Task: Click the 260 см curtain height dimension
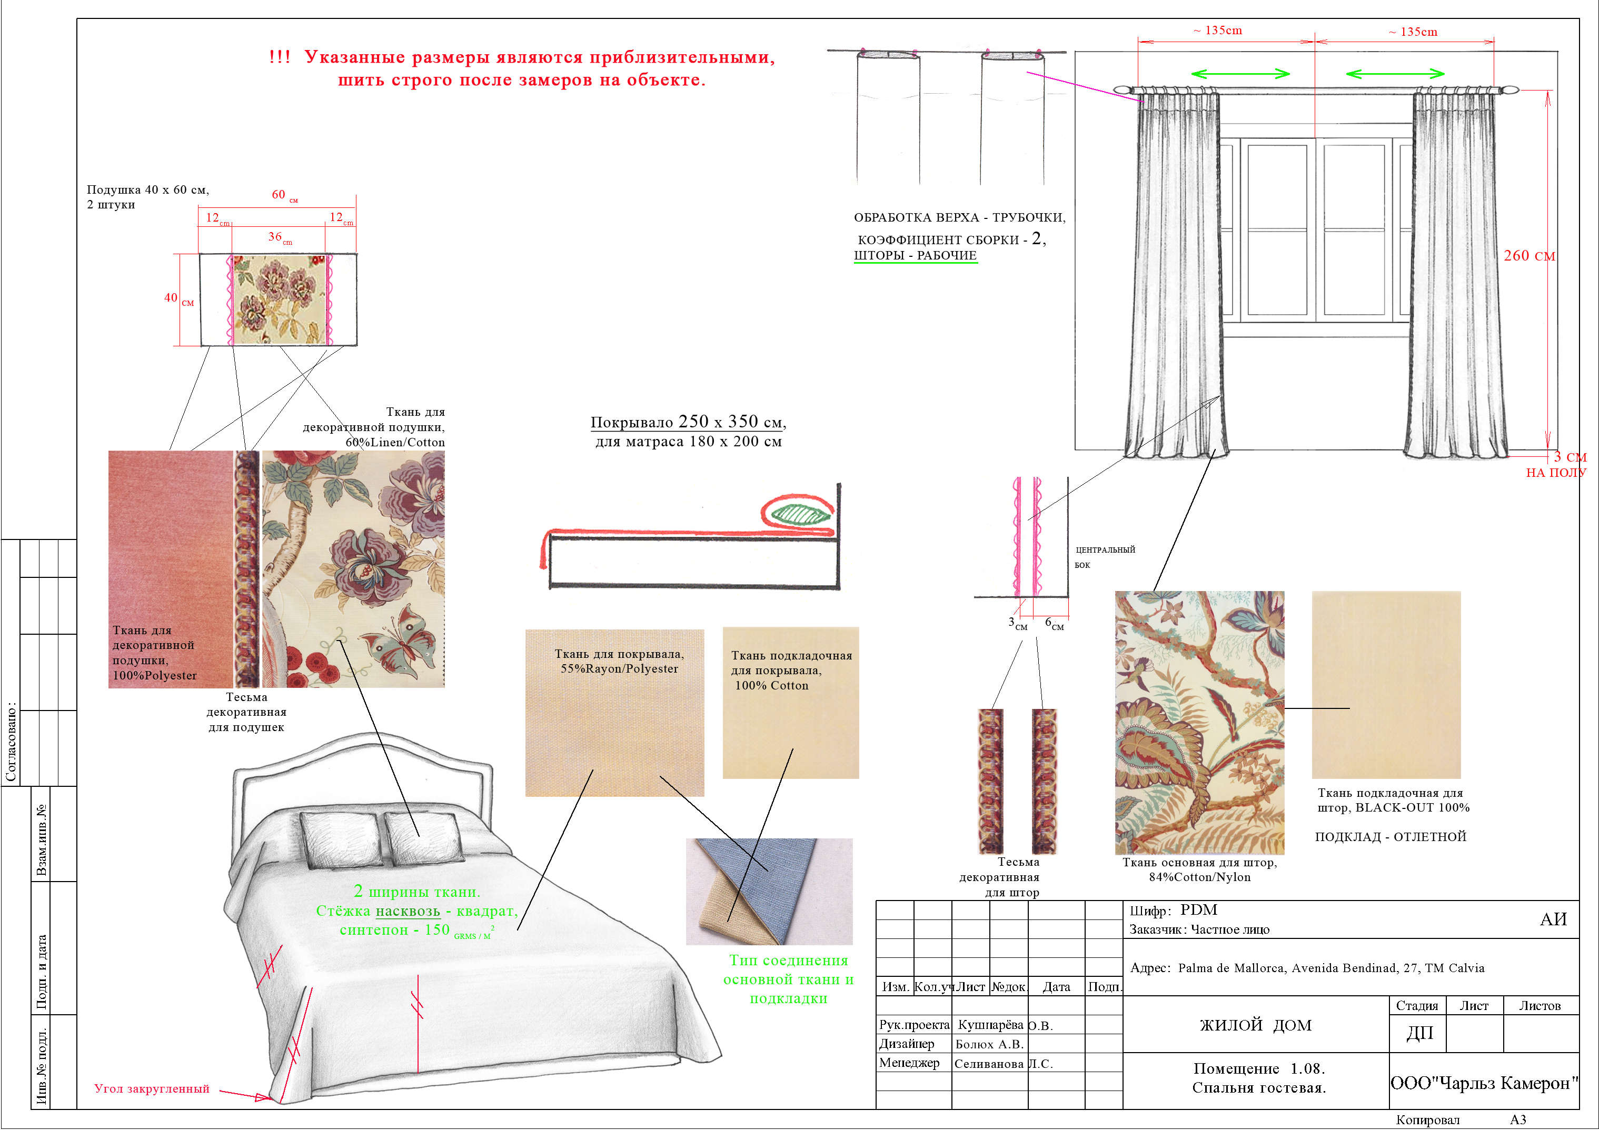point(1528,255)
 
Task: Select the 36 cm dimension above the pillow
point(280,237)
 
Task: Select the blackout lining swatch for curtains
point(1386,684)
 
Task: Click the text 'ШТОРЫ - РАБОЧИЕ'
point(915,255)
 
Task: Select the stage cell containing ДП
point(1418,1033)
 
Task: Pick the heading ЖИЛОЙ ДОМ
point(1256,1025)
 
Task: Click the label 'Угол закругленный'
point(152,1089)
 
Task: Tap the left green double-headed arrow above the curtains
point(1240,74)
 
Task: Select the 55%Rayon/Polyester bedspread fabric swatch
point(614,713)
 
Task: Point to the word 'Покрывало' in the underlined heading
point(632,422)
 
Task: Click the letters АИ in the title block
point(1553,919)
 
